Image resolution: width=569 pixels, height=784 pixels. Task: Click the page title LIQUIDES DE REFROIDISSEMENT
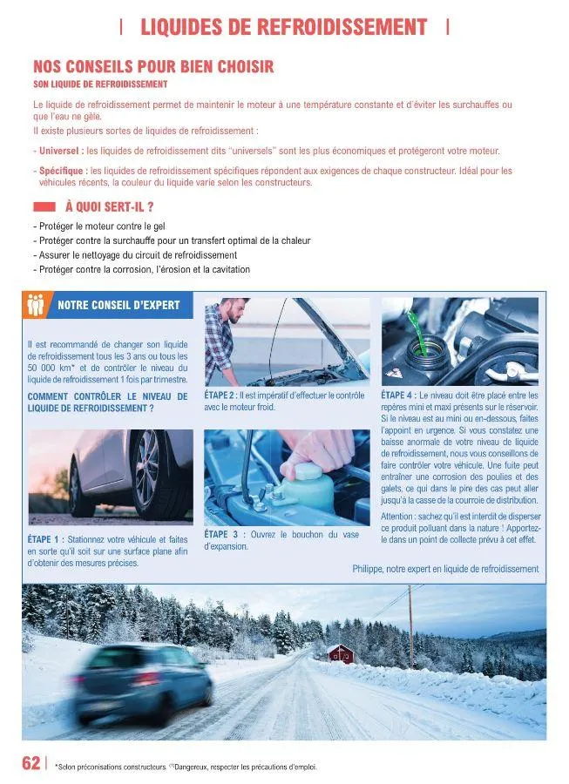pos(284,27)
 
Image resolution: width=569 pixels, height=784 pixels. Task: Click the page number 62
pos(30,763)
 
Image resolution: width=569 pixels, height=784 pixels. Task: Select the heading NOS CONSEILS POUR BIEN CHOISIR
pos(153,66)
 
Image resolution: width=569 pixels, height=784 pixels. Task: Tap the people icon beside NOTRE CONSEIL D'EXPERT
pos(36,306)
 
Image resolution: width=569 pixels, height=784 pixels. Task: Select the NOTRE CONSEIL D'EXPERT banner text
pos(119,306)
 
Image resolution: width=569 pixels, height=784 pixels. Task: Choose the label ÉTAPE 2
pos(220,395)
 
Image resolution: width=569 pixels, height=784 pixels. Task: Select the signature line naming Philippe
pos(445,569)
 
